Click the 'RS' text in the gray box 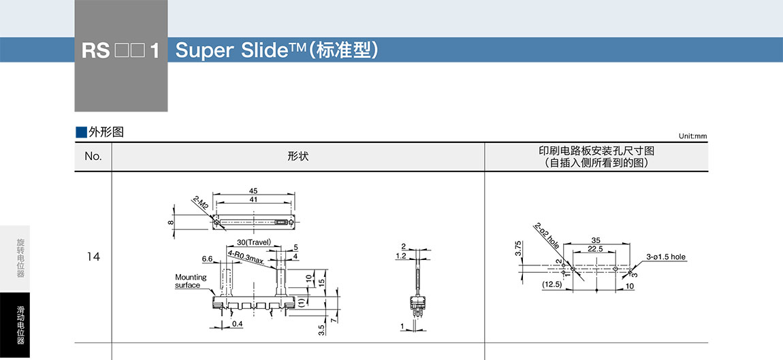(x=95, y=52)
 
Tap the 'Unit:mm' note (x=692, y=136)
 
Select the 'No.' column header (x=93, y=157)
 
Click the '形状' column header (x=298, y=157)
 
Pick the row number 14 (x=93, y=257)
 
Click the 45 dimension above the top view (x=253, y=191)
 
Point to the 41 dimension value (x=253, y=199)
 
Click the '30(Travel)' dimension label (x=254, y=243)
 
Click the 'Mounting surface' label (x=190, y=281)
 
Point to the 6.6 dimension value (x=208, y=259)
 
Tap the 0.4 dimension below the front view (x=236, y=324)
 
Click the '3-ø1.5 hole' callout (x=666, y=257)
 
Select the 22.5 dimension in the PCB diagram (x=594, y=248)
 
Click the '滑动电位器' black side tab (x=20, y=324)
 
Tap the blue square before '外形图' (x=81, y=132)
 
